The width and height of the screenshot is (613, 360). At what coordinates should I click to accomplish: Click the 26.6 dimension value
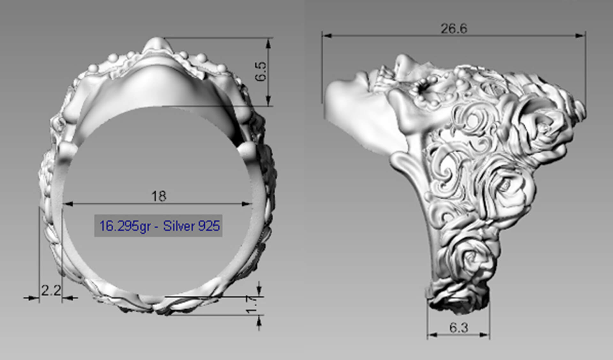coord(454,29)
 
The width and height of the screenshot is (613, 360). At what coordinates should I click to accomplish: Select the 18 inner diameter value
coord(159,196)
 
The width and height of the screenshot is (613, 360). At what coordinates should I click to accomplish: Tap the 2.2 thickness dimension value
coord(51,291)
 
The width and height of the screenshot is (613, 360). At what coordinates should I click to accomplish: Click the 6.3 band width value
coord(458,328)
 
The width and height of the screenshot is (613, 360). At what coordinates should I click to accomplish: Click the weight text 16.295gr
coord(125,226)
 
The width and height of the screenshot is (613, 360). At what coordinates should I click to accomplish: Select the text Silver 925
coord(191,226)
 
